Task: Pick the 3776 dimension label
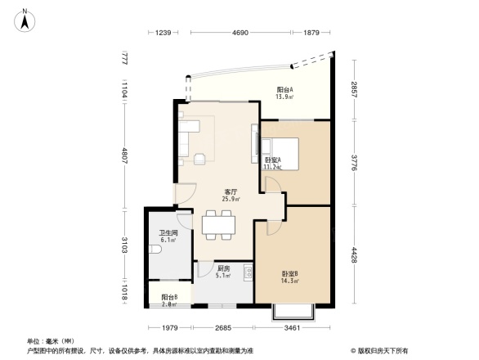[x=355, y=161]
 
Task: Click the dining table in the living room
[x=218, y=224]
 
